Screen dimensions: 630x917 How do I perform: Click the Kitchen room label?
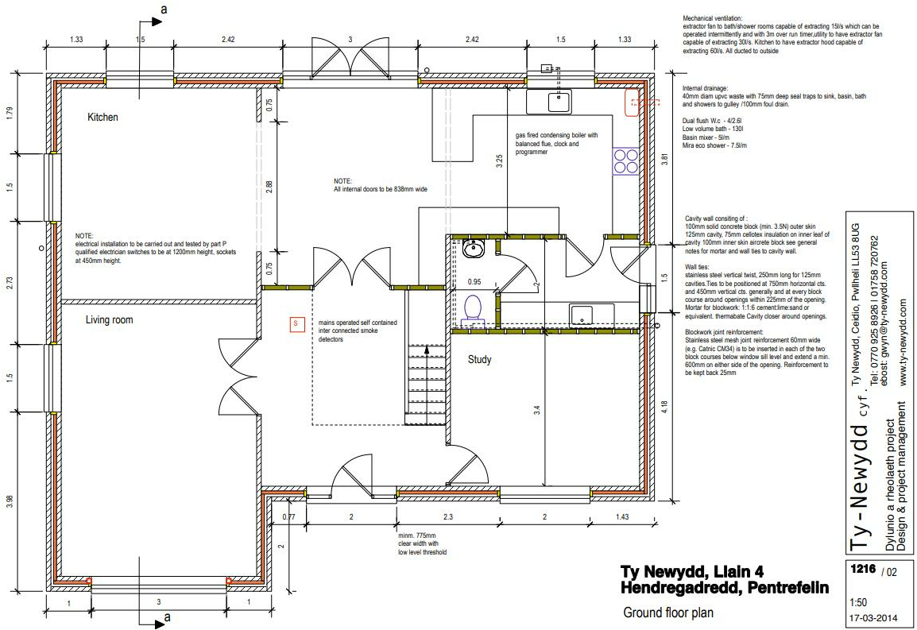(103, 118)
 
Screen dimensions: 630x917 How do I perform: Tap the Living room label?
(110, 320)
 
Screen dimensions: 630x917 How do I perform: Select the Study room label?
(479, 360)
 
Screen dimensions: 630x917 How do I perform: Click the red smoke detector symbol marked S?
(296, 324)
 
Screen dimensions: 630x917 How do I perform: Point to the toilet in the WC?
(474, 308)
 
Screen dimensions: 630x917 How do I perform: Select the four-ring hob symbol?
(625, 161)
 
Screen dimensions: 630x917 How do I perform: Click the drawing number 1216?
(862, 570)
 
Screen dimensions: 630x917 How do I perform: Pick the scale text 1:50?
(859, 602)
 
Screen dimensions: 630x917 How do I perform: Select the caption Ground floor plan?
(668, 613)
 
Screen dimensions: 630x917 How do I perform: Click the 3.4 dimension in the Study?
(538, 411)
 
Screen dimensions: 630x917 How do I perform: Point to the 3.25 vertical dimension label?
(499, 162)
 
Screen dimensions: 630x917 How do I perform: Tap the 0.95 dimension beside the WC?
(474, 281)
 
